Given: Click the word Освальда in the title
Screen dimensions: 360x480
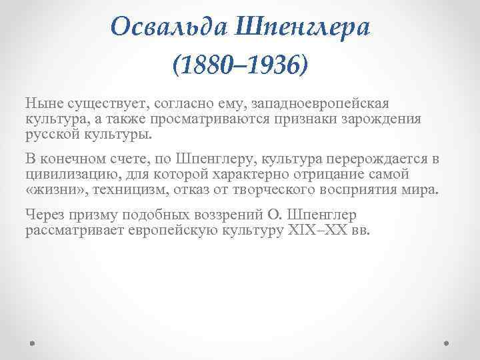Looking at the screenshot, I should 167,27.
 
